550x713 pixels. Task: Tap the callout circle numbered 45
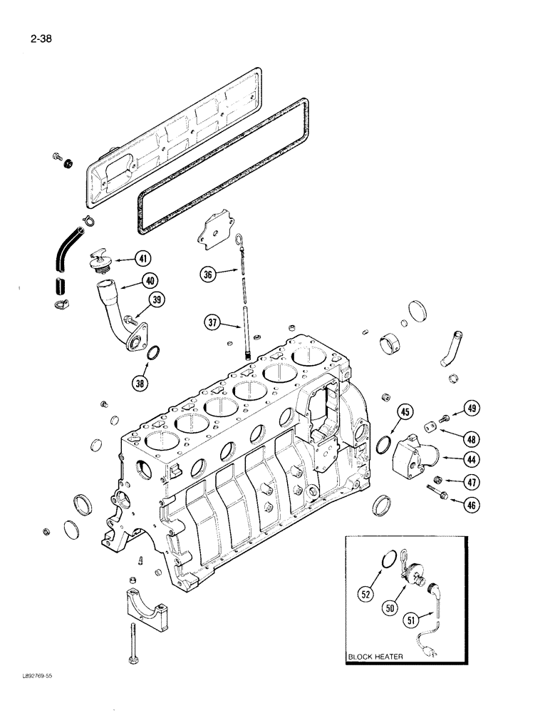[x=405, y=411]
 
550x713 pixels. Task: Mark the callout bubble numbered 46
[x=471, y=506]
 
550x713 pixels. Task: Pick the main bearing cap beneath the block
[x=147, y=598]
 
